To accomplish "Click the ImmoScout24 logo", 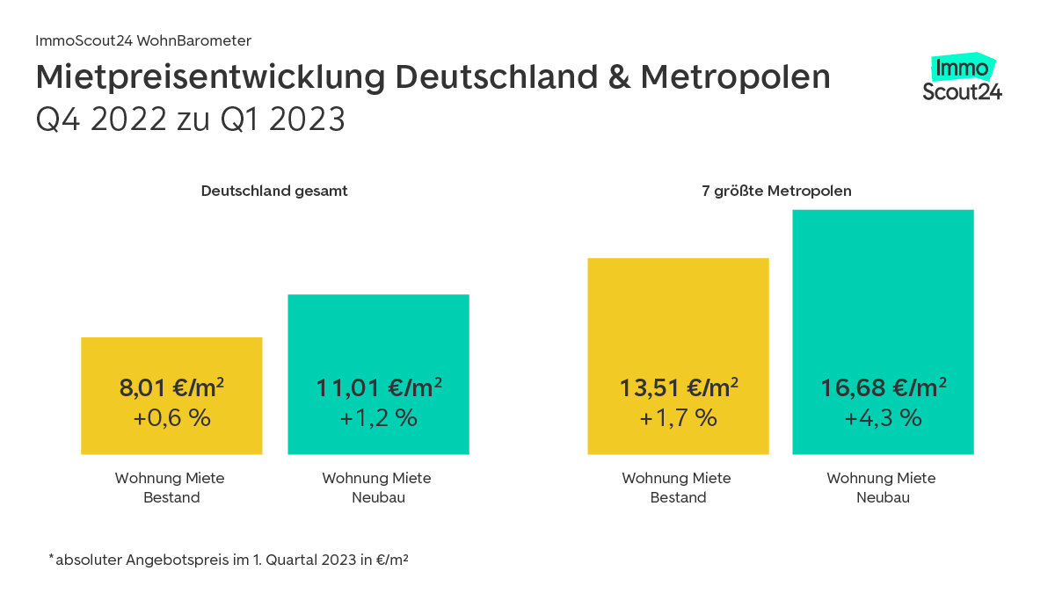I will [962, 79].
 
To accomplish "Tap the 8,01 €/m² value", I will [171, 387].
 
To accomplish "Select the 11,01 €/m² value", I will [378, 387].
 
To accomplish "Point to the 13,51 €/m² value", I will [678, 387].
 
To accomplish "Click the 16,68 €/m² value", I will [883, 387].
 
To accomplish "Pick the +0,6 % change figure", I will [171, 418].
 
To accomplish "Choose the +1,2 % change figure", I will [378, 418].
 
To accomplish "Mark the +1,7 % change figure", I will [678, 418].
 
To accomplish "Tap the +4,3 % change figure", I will [883, 418].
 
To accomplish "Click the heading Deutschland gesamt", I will [274, 191].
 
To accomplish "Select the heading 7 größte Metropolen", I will [776, 191].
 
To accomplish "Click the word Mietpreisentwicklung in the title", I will [210, 78].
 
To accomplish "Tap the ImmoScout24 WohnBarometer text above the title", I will [143, 40].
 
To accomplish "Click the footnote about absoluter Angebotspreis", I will [229, 559].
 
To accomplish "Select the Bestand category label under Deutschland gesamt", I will [171, 488].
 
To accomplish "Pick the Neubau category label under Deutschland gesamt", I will [377, 488].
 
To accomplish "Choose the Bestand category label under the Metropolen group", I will [677, 488].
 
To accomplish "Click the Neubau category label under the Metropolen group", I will [882, 488].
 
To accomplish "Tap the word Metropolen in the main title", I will [735, 78].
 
